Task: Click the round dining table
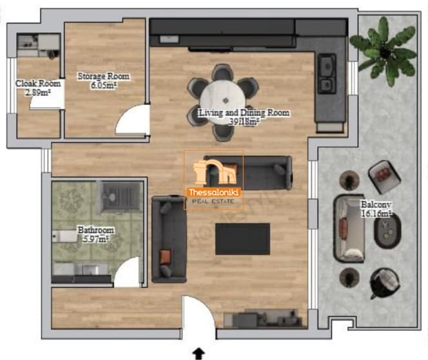[223, 100]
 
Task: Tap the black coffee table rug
[242, 239]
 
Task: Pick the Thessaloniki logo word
[214, 193]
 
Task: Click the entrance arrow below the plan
[199, 354]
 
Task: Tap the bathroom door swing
[127, 272]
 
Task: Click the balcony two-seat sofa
[349, 229]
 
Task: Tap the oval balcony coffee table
[387, 231]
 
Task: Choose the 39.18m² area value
[244, 122]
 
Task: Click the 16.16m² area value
[376, 214]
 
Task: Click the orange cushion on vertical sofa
[165, 257]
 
